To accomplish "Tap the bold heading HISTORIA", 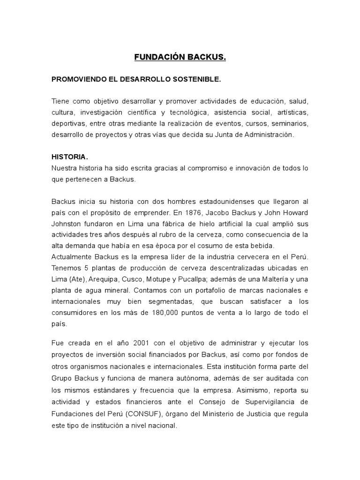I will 70,157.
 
